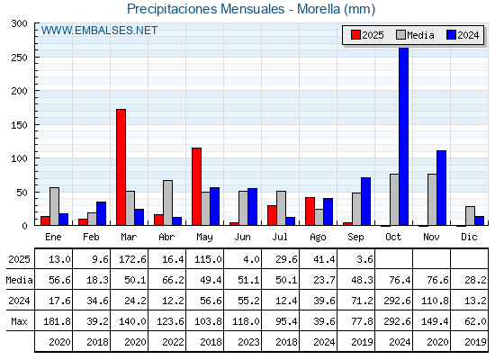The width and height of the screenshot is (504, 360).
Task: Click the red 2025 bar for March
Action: (x=121, y=167)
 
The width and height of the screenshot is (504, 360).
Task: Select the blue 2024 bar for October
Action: (x=404, y=136)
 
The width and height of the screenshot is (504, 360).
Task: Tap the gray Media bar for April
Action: (x=167, y=202)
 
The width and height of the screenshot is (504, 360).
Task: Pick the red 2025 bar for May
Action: (x=197, y=186)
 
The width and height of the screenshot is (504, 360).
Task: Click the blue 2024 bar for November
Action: (x=441, y=188)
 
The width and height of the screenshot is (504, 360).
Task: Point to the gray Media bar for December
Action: (x=470, y=216)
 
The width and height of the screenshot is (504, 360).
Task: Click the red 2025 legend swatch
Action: (x=355, y=35)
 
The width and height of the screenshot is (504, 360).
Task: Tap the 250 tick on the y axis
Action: (x=20, y=58)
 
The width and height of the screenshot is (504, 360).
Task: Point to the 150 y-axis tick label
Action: (x=20, y=125)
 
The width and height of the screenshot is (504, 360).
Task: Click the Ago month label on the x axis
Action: (x=318, y=238)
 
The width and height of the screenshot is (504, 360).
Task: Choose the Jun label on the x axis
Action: (x=242, y=238)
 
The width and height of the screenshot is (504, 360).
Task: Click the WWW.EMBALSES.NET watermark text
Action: (x=99, y=31)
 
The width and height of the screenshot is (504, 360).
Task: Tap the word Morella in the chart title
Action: (x=319, y=9)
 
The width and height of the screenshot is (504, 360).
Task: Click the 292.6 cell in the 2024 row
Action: (x=397, y=301)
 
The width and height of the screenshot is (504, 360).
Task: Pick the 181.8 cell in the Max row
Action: (x=57, y=321)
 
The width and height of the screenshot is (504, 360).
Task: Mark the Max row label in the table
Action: (x=19, y=321)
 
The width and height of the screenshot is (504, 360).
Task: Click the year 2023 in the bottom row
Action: (x=248, y=342)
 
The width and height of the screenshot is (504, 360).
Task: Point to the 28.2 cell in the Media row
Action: (x=475, y=280)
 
